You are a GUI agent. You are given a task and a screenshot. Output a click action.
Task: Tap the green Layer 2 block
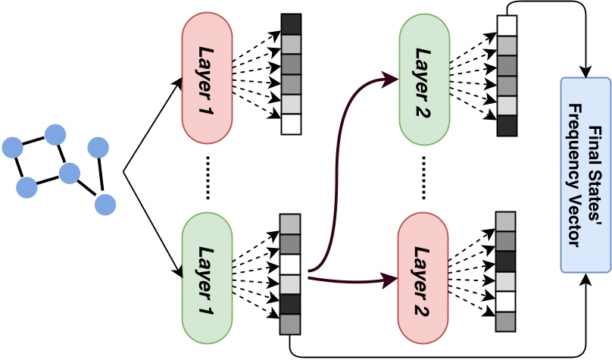pyautogui.click(x=424, y=80)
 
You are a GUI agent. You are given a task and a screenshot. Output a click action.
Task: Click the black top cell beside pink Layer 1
pyautogui.click(x=291, y=23)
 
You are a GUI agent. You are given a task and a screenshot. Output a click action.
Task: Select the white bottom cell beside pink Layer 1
pyautogui.click(x=291, y=124)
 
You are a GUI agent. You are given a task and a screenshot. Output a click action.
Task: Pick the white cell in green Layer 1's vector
pyautogui.click(x=290, y=265)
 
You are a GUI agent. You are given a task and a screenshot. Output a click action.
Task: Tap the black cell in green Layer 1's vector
pyautogui.click(x=290, y=305)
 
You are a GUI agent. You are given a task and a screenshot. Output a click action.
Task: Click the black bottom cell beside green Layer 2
pyautogui.click(x=507, y=125)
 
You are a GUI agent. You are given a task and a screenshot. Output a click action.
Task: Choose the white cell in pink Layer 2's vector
pyautogui.click(x=506, y=302)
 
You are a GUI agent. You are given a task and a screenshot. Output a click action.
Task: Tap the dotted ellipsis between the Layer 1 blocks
pyautogui.click(x=207, y=178)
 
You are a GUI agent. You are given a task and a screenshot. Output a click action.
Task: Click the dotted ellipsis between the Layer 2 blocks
pyautogui.click(x=423, y=178)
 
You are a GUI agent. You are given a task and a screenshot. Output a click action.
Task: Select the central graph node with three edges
pyautogui.click(x=69, y=173)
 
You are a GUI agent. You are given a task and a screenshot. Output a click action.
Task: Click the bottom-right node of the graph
pyautogui.click(x=105, y=204)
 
